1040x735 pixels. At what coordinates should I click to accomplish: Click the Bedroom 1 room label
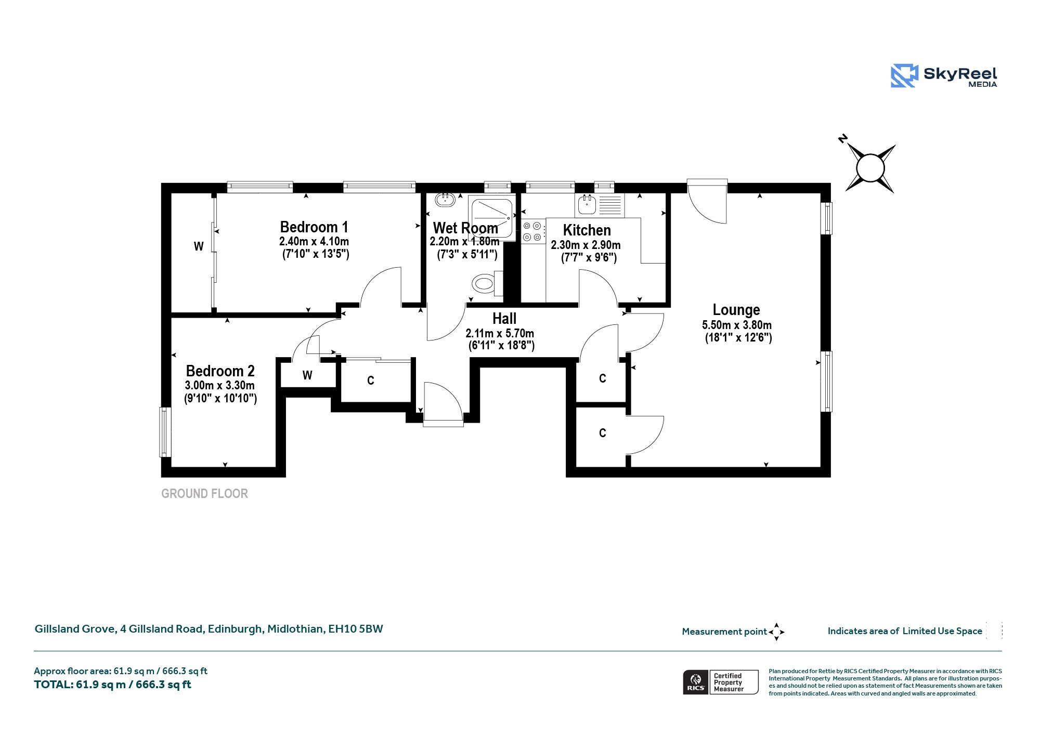pos(314,227)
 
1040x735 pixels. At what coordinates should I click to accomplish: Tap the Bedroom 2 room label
pos(220,371)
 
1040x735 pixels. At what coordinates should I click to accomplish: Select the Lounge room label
pos(736,310)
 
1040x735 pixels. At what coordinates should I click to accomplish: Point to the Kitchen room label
pos(587,230)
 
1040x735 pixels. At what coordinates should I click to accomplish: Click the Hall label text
pos(504,319)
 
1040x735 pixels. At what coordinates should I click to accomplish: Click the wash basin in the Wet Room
pos(445,199)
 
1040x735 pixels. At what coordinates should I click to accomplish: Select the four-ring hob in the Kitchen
pos(533,231)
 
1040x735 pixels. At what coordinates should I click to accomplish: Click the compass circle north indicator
pos(870,168)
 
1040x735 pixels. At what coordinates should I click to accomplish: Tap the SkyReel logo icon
pos(904,76)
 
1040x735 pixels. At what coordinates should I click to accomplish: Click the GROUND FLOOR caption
pos(204,494)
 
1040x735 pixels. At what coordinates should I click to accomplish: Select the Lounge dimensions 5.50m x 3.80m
pos(737,325)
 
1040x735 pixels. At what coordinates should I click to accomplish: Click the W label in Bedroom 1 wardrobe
pos(199,246)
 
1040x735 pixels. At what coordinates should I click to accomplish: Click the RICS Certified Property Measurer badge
pos(721,682)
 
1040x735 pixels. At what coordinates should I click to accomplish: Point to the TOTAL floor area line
pos(113,685)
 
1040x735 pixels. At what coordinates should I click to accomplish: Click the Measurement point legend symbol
pos(776,632)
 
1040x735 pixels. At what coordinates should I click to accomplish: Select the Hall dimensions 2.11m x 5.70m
pos(500,334)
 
